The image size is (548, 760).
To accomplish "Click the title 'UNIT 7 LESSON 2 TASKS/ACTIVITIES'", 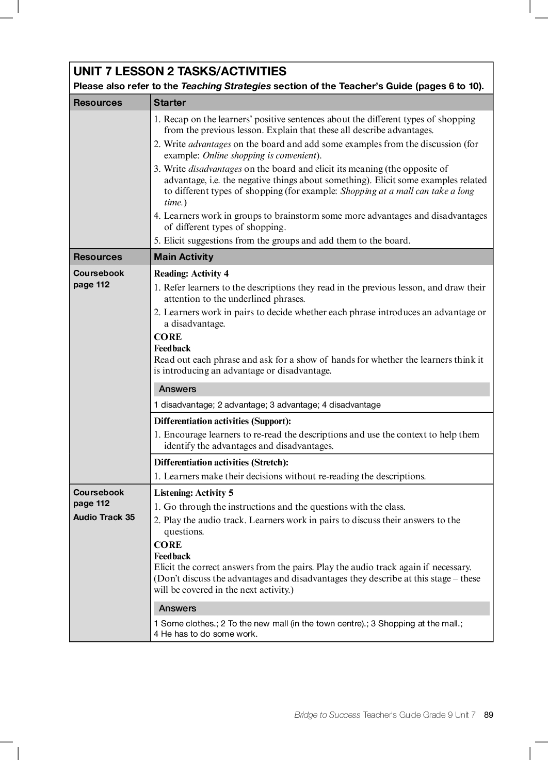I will [x=180, y=71].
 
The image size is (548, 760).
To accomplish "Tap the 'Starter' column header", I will [x=169, y=103].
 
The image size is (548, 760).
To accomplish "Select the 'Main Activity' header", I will [x=183, y=257].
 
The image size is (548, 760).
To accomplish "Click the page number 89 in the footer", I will [x=489, y=715].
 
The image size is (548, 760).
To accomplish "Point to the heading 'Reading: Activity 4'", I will [x=191, y=274].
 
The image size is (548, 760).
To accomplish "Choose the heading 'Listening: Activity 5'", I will [x=194, y=493].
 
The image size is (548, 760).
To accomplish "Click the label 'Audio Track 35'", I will [x=104, y=517].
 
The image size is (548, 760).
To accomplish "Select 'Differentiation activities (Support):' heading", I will [x=222, y=421].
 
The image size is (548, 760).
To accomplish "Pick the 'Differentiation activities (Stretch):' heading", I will [x=221, y=462].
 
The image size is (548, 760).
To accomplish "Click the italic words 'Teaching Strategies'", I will [x=225, y=86].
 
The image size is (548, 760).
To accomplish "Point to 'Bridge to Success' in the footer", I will [x=327, y=715].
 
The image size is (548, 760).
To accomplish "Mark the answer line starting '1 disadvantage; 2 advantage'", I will [x=267, y=405].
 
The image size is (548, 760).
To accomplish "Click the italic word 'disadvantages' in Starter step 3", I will [x=215, y=169].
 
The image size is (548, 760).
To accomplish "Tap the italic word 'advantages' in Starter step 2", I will [x=209, y=144].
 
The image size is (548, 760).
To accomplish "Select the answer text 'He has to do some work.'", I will [x=209, y=634].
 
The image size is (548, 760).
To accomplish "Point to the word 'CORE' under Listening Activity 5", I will [x=168, y=545].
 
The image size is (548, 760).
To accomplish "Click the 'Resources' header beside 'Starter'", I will [x=98, y=103].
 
